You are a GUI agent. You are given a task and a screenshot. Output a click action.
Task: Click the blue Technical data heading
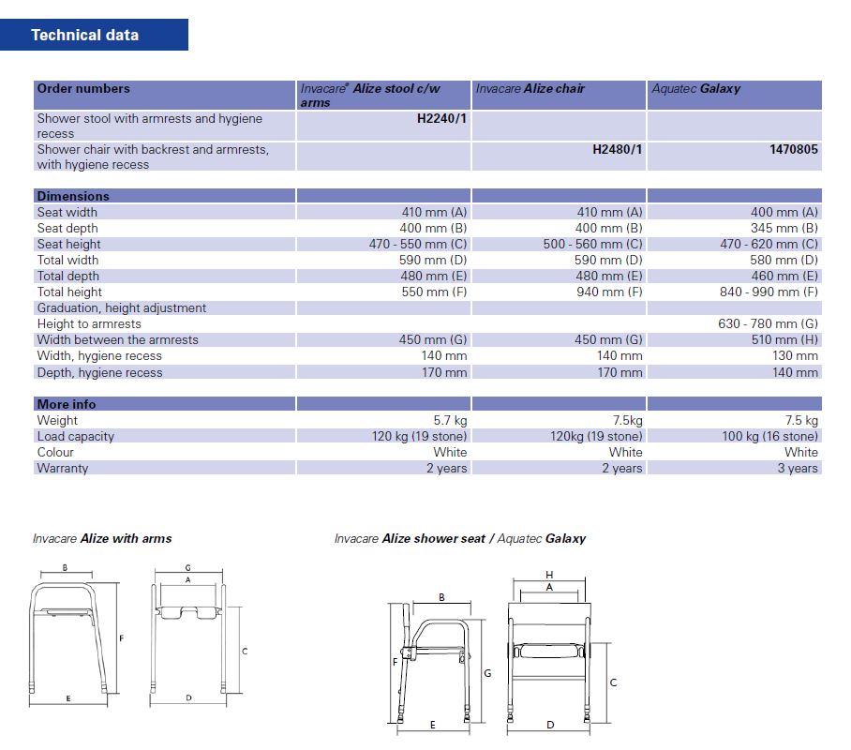pos(84,35)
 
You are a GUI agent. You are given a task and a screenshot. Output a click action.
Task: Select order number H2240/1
pos(441,119)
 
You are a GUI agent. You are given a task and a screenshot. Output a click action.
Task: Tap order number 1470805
pos(793,149)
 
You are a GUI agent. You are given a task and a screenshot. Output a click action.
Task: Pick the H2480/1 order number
pos(618,149)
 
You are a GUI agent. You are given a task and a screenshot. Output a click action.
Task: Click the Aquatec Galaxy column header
pos(695,89)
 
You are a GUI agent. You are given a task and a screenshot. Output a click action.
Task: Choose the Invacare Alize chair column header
pos(530,89)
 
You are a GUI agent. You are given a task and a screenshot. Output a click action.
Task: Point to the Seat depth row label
pos(67,228)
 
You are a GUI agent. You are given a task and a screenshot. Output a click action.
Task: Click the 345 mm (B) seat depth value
pos(784,228)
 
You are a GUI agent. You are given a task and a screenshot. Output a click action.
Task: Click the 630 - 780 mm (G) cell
pos(769,323)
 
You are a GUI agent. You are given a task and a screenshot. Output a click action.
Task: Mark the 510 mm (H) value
pos(784,339)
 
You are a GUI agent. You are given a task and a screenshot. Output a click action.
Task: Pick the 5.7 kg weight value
pos(450,420)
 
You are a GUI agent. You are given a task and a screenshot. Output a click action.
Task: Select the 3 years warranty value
pos(798,468)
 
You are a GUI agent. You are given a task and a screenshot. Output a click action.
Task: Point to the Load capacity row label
pos(75,436)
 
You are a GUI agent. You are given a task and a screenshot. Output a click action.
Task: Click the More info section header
pos(66,404)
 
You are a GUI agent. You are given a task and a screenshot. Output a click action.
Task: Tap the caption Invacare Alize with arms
pos(102,539)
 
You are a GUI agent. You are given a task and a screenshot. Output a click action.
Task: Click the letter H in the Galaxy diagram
pos(549,574)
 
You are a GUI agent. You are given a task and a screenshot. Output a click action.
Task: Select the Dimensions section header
pos(73,196)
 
